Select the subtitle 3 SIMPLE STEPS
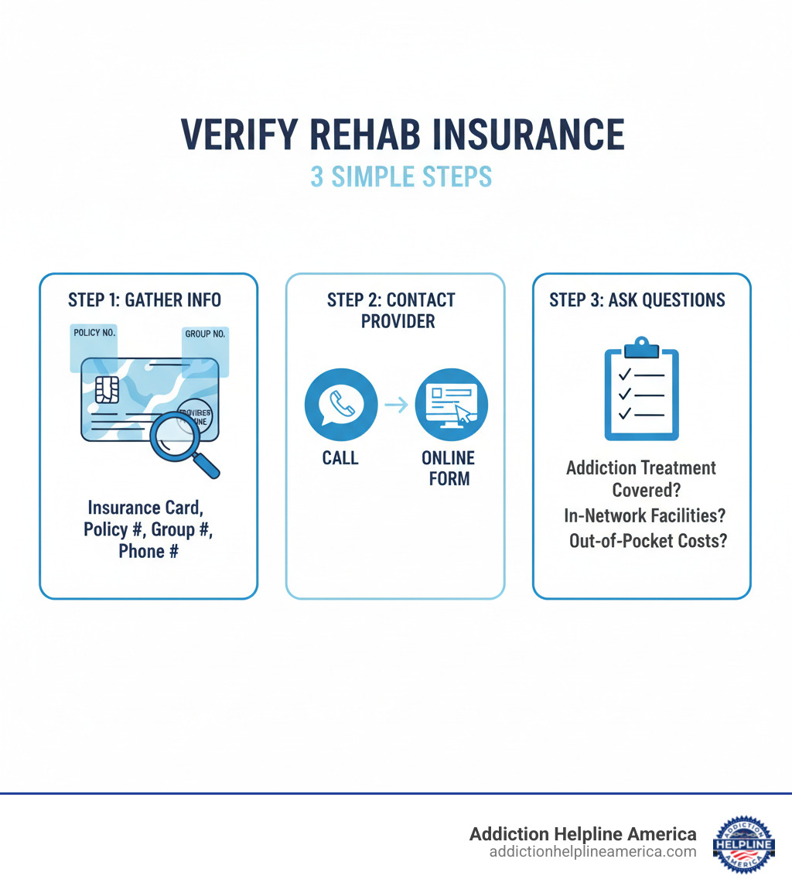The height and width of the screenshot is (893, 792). click(x=401, y=176)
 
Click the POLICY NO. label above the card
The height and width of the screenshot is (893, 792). click(x=94, y=333)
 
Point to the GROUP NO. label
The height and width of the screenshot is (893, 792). click(x=205, y=334)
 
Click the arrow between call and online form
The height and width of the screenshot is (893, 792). click(x=396, y=404)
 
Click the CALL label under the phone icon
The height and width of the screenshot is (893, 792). click(x=340, y=458)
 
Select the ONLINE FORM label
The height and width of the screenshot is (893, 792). click(x=449, y=468)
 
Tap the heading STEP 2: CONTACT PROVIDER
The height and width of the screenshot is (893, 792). click(x=395, y=310)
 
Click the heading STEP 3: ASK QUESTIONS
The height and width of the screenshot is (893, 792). click(x=637, y=299)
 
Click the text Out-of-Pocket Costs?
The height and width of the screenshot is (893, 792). click(x=648, y=541)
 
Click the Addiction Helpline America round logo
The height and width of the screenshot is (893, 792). click(x=743, y=843)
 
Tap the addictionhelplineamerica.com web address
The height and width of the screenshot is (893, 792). click(x=592, y=852)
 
